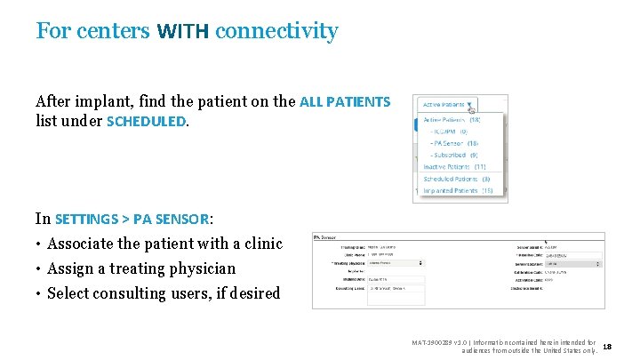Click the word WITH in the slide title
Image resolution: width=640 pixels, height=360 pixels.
[183, 32]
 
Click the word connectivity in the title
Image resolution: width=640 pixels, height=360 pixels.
[276, 32]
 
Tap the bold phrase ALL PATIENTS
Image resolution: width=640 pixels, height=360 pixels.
[345, 102]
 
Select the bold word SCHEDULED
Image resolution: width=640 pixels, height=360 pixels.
[147, 121]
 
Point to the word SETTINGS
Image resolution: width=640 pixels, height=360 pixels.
[87, 219]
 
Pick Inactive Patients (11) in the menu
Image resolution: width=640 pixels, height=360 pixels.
[454, 166]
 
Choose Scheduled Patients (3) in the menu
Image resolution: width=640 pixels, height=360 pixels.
[456, 179]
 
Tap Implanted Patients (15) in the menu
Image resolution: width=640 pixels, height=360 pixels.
[458, 190]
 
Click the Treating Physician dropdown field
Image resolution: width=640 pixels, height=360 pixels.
[396, 263]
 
